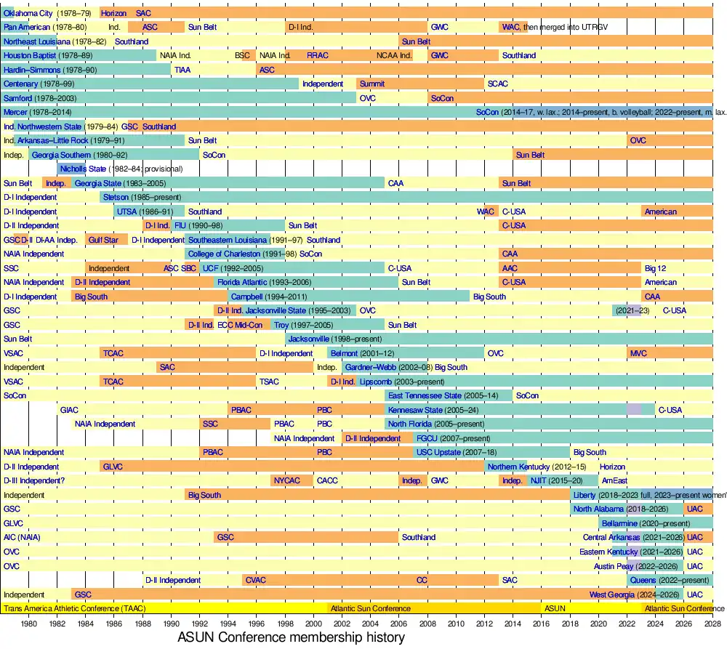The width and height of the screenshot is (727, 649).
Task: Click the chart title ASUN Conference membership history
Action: click(x=291, y=637)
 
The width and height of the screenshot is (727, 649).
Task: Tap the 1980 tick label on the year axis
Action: click(x=29, y=624)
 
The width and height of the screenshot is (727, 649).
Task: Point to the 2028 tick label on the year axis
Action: click(x=712, y=624)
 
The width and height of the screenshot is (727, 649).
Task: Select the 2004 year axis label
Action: click(x=371, y=624)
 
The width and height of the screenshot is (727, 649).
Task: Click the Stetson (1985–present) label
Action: click(x=142, y=197)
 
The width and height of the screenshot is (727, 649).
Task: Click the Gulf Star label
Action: click(x=103, y=240)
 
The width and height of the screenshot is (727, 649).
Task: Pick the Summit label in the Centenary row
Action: click(x=372, y=84)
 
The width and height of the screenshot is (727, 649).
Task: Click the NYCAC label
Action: click(x=286, y=480)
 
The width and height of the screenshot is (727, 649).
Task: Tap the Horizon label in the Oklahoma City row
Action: click(x=113, y=13)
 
